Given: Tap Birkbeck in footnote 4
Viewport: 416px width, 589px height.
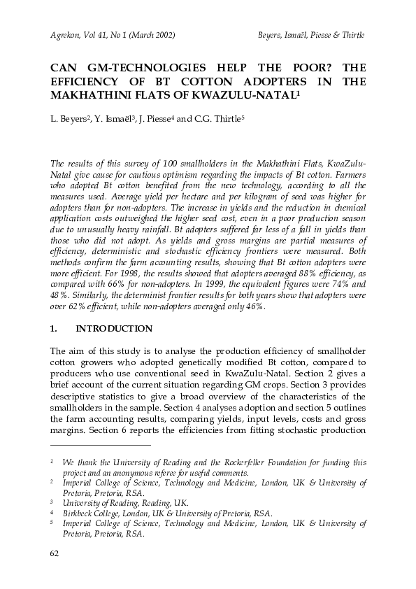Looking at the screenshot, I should point(78,513).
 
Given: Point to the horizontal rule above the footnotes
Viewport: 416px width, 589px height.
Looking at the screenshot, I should point(100,445).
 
